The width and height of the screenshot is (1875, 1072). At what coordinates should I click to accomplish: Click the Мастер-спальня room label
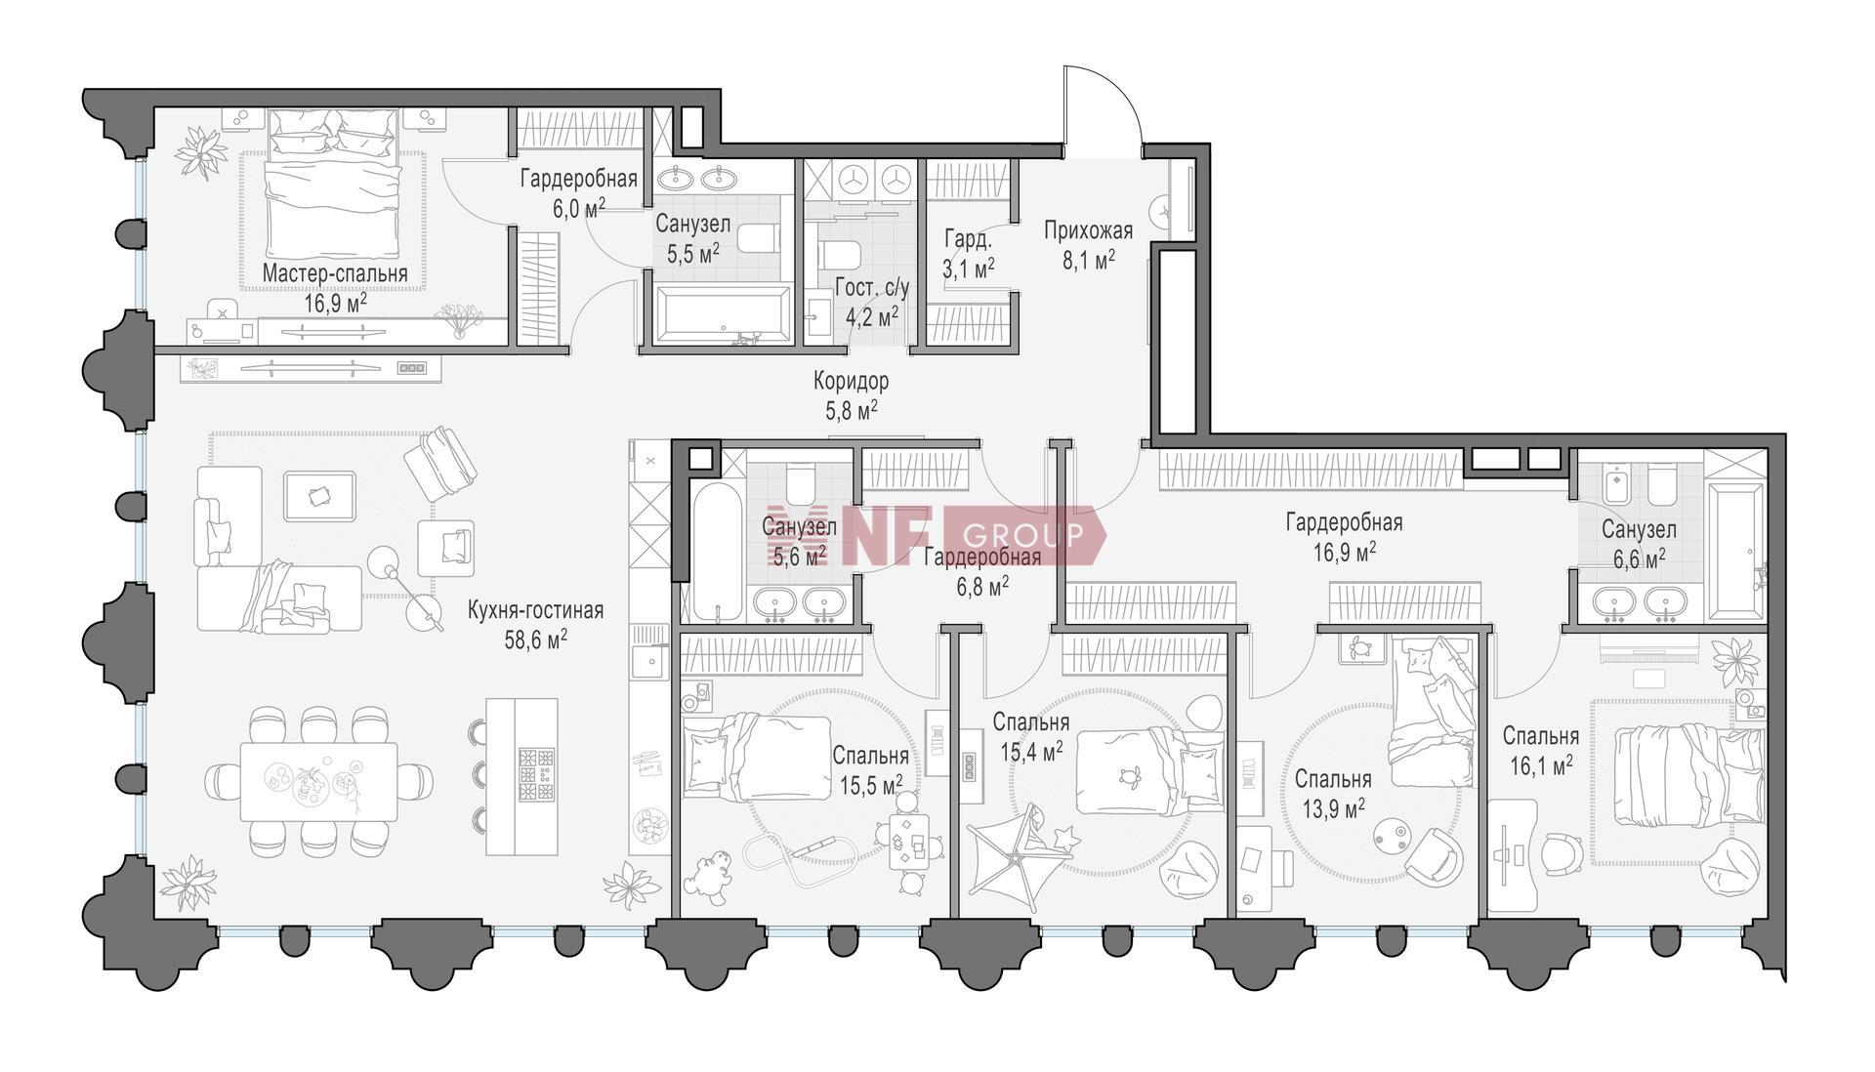pyautogui.click(x=335, y=274)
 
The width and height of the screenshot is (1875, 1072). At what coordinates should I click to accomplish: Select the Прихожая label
pyautogui.click(x=1088, y=231)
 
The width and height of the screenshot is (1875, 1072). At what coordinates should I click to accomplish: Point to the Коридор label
pyautogui.click(x=851, y=381)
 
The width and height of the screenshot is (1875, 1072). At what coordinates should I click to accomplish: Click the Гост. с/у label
pyautogui.click(x=872, y=288)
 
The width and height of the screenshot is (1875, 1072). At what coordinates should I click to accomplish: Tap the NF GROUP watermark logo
pyautogui.click(x=936, y=535)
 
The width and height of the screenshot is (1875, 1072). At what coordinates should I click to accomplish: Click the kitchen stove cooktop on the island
pyautogui.click(x=536, y=775)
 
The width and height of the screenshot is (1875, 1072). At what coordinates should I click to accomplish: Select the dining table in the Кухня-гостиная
pyautogui.click(x=319, y=781)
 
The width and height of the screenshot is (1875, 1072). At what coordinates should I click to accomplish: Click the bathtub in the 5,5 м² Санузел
pyautogui.click(x=723, y=314)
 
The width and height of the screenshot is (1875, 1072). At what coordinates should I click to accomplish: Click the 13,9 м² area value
pyautogui.click(x=1333, y=808)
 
